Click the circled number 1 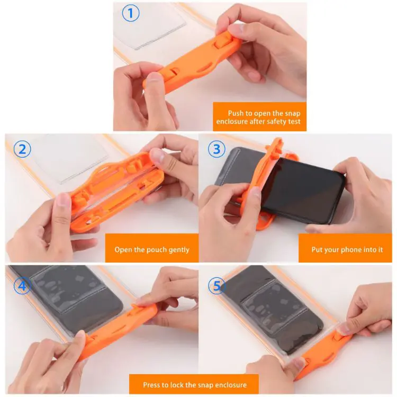[x=130, y=13]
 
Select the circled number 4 [x=22, y=286]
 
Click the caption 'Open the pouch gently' [x=152, y=249]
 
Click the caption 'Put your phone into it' [x=348, y=249]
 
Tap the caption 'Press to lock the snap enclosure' [x=194, y=385]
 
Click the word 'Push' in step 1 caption [x=236, y=113]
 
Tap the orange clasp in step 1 [x=193, y=61]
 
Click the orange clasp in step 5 [x=323, y=349]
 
